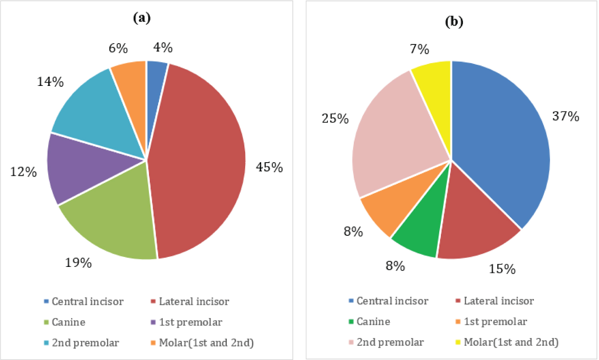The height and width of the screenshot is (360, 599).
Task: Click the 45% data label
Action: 269,167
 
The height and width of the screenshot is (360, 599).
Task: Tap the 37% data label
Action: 565,116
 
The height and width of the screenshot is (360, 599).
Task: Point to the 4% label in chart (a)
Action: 163,48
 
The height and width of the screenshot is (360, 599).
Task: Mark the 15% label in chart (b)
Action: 502,269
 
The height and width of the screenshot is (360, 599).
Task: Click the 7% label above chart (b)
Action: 419,49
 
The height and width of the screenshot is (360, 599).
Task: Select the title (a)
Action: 142,18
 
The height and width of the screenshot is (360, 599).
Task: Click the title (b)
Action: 454,22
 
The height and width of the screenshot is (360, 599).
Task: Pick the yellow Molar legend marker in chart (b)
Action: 458,342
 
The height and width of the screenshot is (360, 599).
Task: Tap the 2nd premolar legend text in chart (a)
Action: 85,343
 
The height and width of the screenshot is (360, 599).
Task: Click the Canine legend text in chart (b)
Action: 373,322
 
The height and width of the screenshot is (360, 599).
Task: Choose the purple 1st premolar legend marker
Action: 153,322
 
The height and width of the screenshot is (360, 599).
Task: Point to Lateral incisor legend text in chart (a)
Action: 194,301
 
